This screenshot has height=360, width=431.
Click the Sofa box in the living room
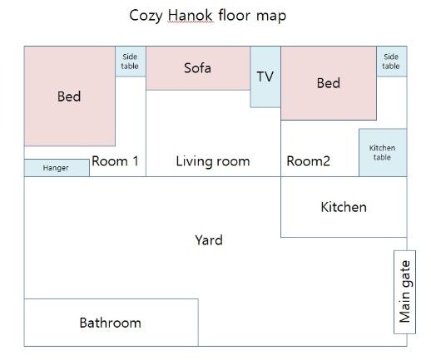pyautogui.click(x=198, y=68)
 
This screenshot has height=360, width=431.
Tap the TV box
pyautogui.click(x=265, y=76)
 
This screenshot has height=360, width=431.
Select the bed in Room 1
pyautogui.click(x=70, y=96)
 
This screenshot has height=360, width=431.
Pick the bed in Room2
pyautogui.click(x=329, y=83)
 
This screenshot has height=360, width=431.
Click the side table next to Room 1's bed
pyautogui.click(x=131, y=62)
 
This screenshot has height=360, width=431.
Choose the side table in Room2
pyautogui.click(x=392, y=62)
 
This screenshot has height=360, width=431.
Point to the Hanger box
pyautogui.click(x=57, y=168)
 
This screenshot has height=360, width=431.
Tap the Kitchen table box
pyautogui.click(x=383, y=152)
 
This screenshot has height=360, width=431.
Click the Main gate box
pyautogui.click(x=404, y=292)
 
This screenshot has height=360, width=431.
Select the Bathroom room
pyautogui.click(x=111, y=323)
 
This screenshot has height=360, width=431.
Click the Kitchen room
pyautogui.click(x=344, y=207)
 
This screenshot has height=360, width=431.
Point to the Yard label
pyautogui.click(x=209, y=240)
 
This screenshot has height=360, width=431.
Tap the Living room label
pyautogui.click(x=213, y=161)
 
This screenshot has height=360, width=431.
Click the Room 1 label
pyautogui.click(x=115, y=161)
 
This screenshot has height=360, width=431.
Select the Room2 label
pyautogui.click(x=308, y=161)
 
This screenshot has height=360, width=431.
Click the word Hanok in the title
pyautogui.click(x=191, y=15)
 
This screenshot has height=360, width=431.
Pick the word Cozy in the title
pyautogui.click(x=146, y=16)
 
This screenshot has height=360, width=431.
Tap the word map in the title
pyautogui.click(x=271, y=17)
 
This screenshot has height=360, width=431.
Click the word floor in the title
pyautogui.click(x=234, y=15)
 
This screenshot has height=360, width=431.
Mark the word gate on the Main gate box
pyautogui.click(x=405, y=274)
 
